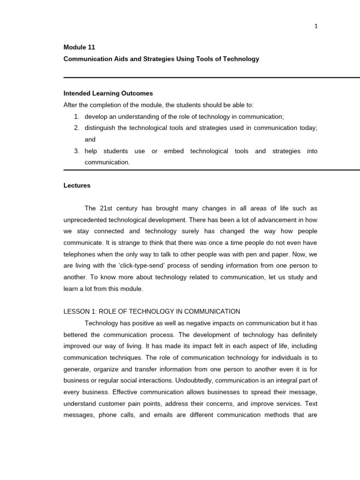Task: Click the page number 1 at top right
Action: (316, 26)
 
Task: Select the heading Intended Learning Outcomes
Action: (108, 93)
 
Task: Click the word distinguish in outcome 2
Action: (100, 128)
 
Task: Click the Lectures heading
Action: (77, 185)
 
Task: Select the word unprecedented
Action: (87, 219)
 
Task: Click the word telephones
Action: (80, 254)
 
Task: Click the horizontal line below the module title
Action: (211, 77)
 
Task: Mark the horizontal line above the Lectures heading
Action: (211, 170)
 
